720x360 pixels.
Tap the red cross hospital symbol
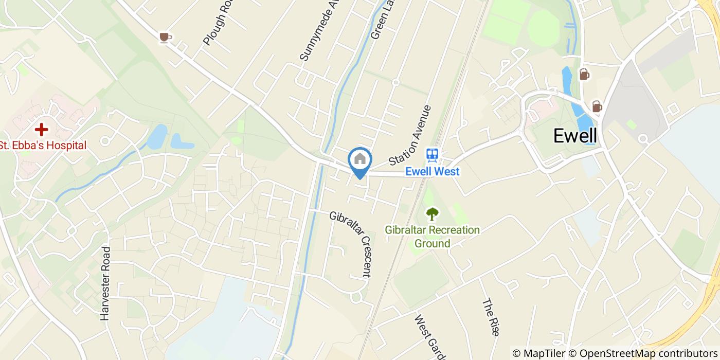(x=41, y=129)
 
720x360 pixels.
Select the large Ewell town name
(x=575, y=136)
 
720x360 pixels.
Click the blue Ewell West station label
(x=432, y=172)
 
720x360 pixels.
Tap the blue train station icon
(x=432, y=155)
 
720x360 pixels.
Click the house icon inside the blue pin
(x=360, y=159)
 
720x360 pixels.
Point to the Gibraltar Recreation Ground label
(x=432, y=237)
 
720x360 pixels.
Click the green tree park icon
(x=432, y=213)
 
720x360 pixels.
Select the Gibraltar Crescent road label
(x=351, y=244)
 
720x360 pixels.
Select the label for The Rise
(x=491, y=317)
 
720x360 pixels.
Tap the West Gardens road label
(x=429, y=337)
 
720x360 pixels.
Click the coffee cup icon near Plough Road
(x=165, y=37)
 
